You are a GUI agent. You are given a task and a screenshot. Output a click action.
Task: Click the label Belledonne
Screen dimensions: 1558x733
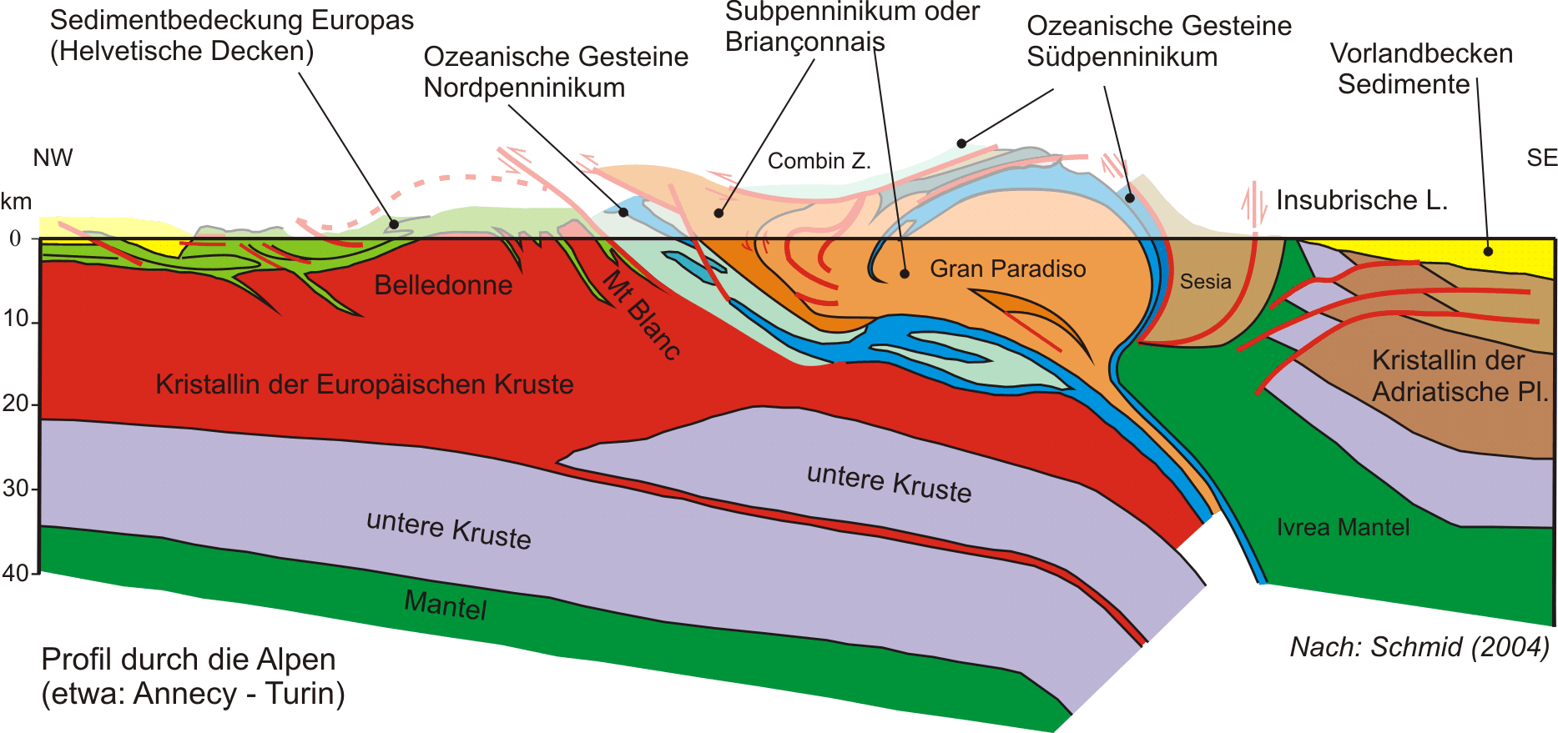coord(443,285)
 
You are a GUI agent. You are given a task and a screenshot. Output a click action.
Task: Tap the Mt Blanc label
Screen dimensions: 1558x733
coord(642,314)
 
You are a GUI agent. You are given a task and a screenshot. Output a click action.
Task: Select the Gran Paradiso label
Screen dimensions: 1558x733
coord(1008,269)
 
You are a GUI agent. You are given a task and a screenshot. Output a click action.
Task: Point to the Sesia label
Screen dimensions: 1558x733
coord(1205,281)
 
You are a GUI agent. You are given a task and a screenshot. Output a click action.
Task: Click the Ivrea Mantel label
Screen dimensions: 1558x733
coord(1343,527)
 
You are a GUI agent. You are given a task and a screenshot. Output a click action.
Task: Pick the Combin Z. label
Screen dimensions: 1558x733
coord(819,161)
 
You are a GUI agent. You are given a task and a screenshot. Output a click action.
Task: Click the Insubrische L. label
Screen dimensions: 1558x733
coord(1361,200)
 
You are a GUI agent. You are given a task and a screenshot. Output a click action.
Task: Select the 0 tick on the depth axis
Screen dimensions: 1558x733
coord(15,238)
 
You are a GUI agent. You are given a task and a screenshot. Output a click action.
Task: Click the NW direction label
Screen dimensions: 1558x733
coord(53,158)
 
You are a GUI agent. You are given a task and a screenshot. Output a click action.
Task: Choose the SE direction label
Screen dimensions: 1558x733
coord(1541,158)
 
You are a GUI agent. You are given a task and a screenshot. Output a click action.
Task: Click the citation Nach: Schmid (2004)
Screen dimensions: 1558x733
coord(1419,647)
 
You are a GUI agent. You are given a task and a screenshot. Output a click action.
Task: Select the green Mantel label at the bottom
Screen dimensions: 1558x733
coord(446,604)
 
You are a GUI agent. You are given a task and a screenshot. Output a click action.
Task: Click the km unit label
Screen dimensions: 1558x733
coord(16,201)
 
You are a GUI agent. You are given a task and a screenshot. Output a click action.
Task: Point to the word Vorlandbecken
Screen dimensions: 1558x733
coord(1421,53)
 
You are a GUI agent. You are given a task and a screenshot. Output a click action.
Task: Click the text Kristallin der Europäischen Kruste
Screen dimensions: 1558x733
coord(365,384)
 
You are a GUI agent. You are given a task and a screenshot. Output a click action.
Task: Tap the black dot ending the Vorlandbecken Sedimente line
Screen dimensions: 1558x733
coord(1488,251)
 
